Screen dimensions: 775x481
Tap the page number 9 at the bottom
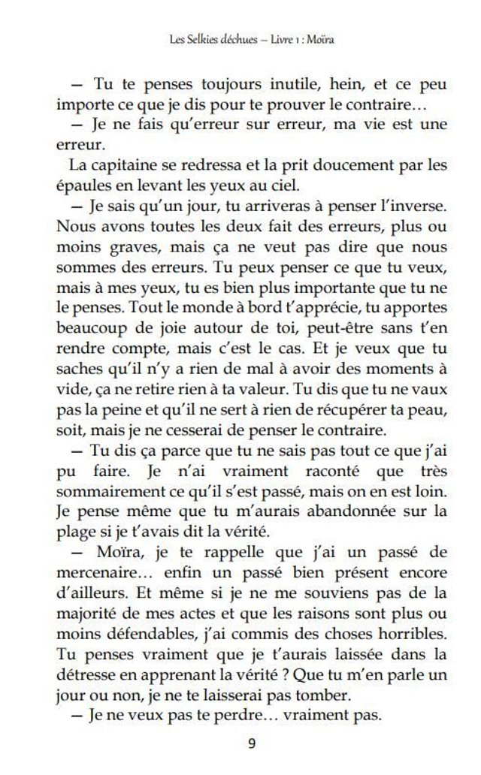point(251,743)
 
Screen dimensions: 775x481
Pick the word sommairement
point(107,491)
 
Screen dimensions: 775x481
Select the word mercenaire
point(95,572)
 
